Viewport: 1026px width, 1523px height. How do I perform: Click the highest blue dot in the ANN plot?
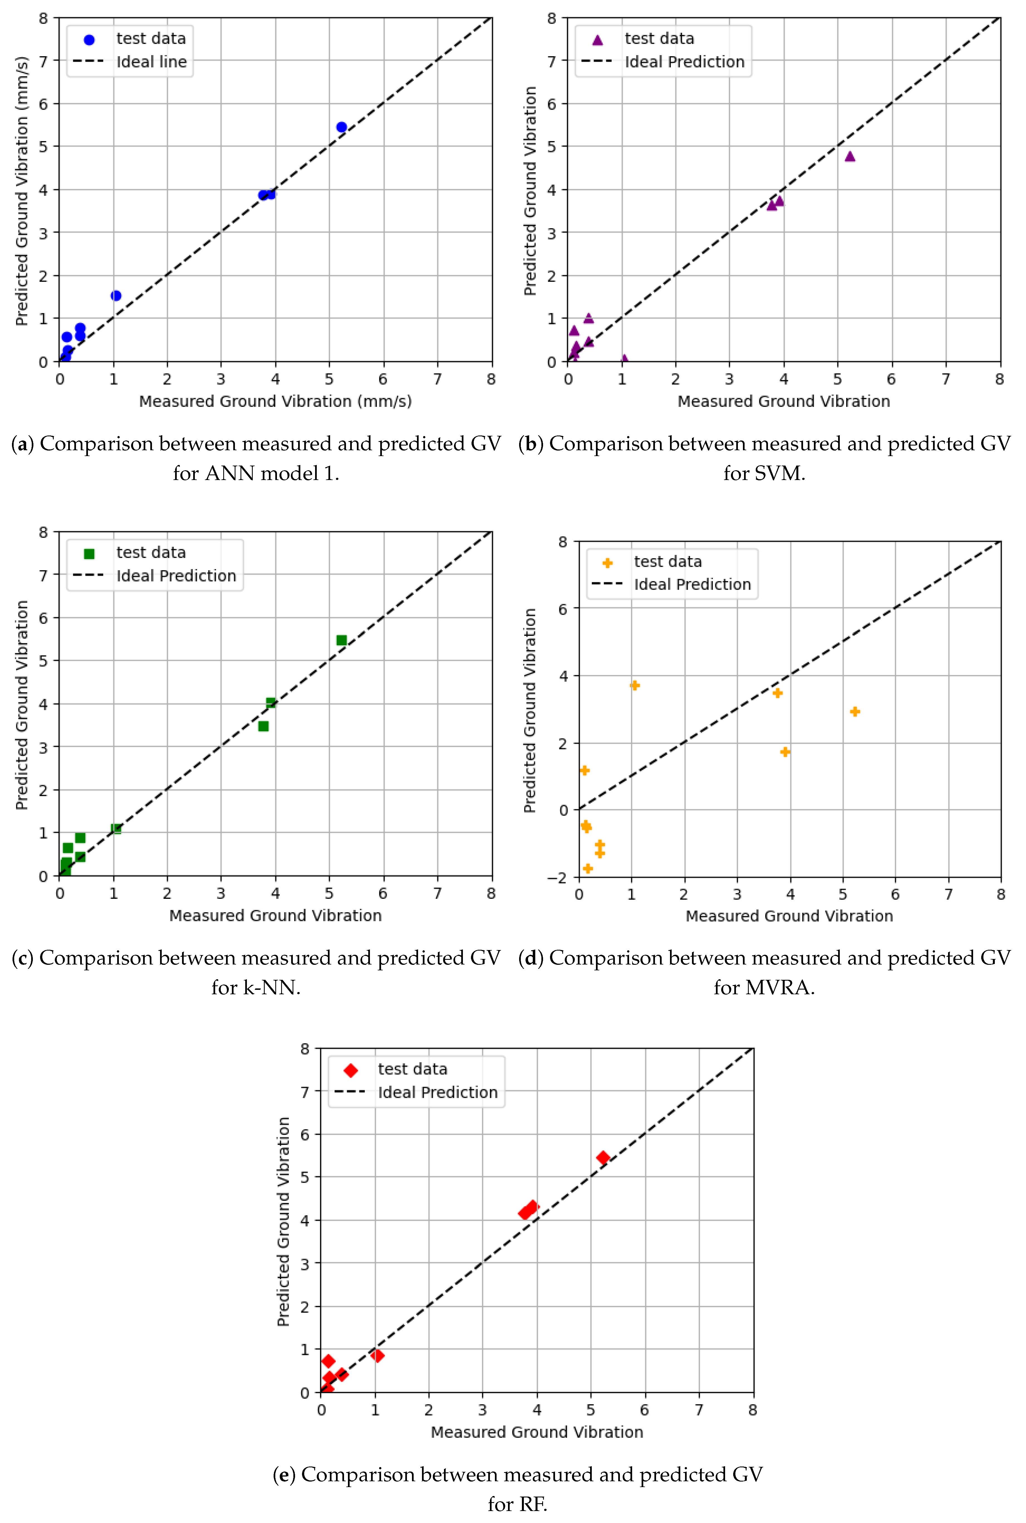click(341, 127)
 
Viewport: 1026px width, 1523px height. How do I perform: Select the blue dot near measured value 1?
click(116, 296)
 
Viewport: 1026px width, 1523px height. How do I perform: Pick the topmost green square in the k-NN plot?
click(341, 640)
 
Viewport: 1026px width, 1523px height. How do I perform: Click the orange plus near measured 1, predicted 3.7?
click(634, 685)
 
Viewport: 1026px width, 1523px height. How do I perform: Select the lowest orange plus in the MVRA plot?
click(588, 868)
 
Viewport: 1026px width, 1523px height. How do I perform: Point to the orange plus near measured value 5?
click(855, 711)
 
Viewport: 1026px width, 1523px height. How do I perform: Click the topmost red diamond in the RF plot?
click(603, 1157)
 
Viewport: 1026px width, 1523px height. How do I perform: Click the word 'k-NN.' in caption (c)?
click(256, 987)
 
